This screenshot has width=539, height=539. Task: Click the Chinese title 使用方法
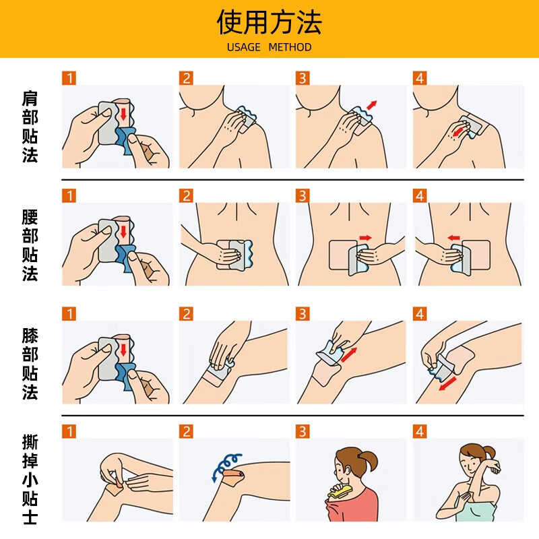click(x=269, y=22)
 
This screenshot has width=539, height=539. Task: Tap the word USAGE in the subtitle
click(x=243, y=47)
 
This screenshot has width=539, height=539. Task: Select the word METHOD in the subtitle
click(x=290, y=47)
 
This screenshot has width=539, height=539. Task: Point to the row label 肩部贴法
click(x=30, y=127)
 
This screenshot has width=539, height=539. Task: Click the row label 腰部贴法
click(x=30, y=245)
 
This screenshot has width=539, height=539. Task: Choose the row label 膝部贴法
click(x=30, y=362)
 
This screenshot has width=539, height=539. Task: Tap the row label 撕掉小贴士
click(x=30, y=480)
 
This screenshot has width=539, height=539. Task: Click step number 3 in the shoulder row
click(x=303, y=78)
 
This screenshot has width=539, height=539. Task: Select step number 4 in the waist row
click(x=420, y=196)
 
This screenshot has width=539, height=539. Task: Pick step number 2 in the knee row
click(x=186, y=314)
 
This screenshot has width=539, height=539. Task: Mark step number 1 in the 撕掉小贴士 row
click(x=69, y=432)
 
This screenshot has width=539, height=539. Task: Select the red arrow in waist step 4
click(x=453, y=237)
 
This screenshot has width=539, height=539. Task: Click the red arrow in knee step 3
click(x=349, y=354)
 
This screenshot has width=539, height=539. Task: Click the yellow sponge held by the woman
click(x=339, y=492)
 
